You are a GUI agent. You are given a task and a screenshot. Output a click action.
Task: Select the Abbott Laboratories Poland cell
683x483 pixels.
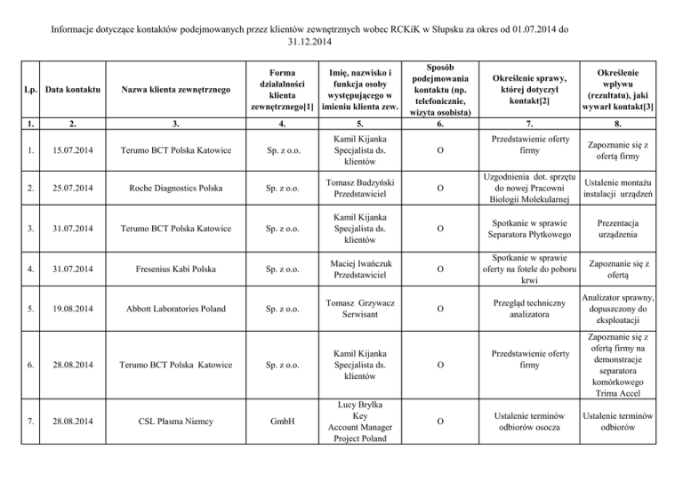pyautogui.click(x=176, y=310)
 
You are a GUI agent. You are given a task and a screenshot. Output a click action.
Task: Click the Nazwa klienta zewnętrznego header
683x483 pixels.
pyautogui.click(x=176, y=89)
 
